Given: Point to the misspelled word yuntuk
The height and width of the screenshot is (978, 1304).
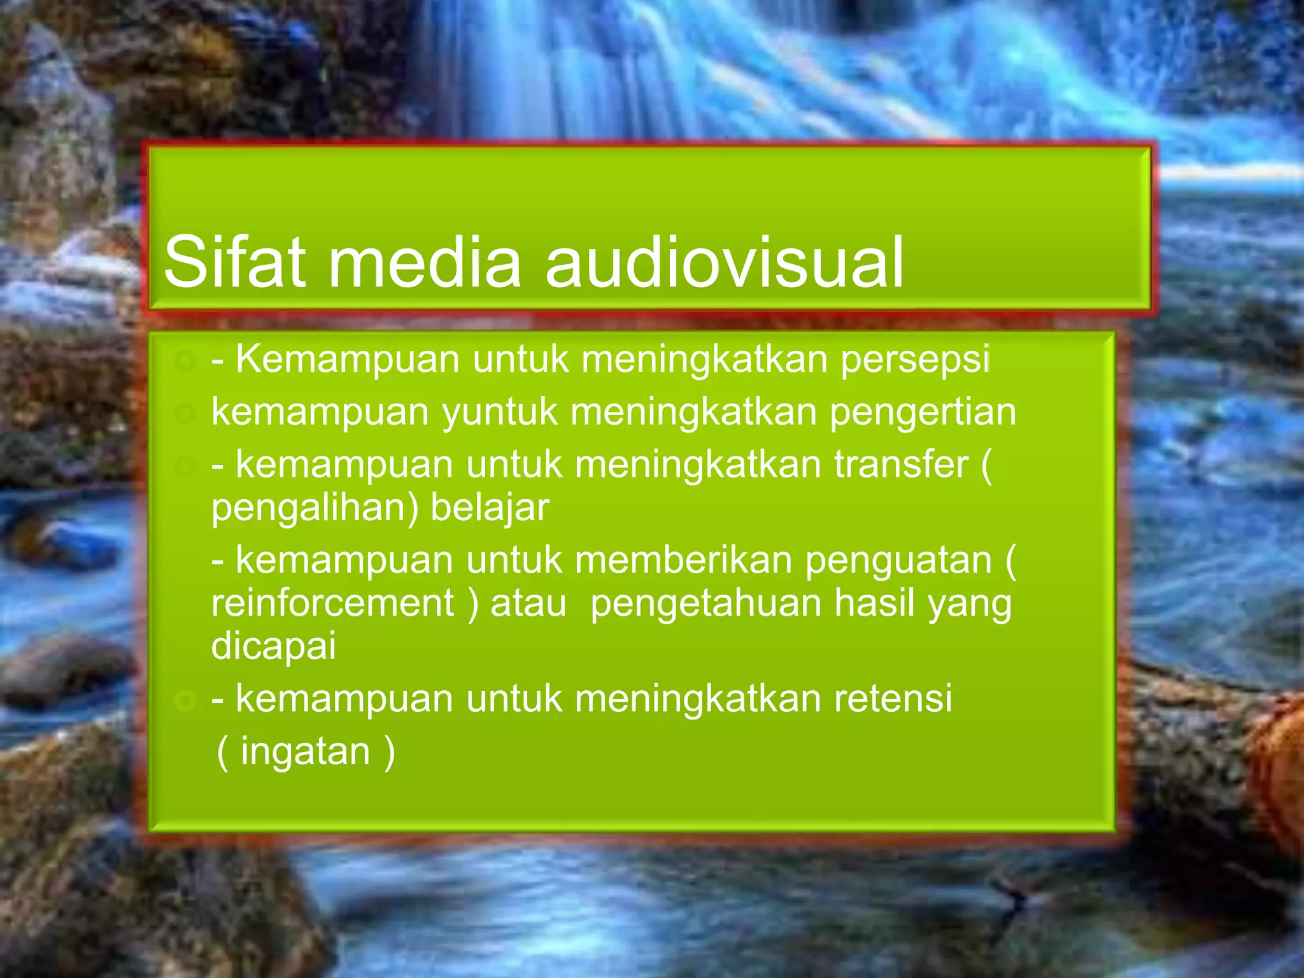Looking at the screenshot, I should (x=500, y=413).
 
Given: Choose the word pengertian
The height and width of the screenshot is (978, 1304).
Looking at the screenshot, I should (x=923, y=413).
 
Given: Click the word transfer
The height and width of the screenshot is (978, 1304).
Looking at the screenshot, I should (x=901, y=464).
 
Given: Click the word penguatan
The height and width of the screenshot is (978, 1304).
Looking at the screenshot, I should (x=898, y=561).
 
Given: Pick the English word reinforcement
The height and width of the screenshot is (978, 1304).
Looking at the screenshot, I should (x=332, y=603).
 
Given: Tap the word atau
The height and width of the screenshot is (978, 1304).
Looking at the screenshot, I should (x=528, y=603).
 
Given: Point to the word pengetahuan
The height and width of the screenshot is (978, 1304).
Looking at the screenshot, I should (x=706, y=603).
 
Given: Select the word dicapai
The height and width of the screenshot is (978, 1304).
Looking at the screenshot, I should (x=273, y=646).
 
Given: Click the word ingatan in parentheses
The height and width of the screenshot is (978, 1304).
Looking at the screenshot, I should (x=305, y=752).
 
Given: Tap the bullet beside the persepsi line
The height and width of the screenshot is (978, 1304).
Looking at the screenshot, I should (x=185, y=362).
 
